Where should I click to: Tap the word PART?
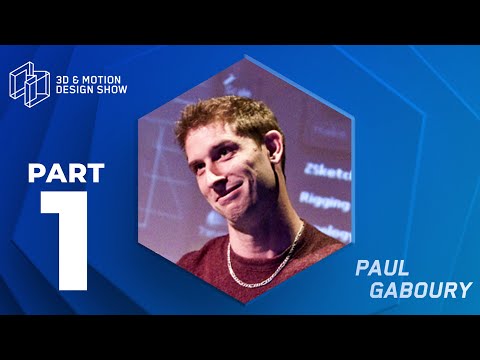65,173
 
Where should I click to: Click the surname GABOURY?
420,290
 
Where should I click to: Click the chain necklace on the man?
262,256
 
